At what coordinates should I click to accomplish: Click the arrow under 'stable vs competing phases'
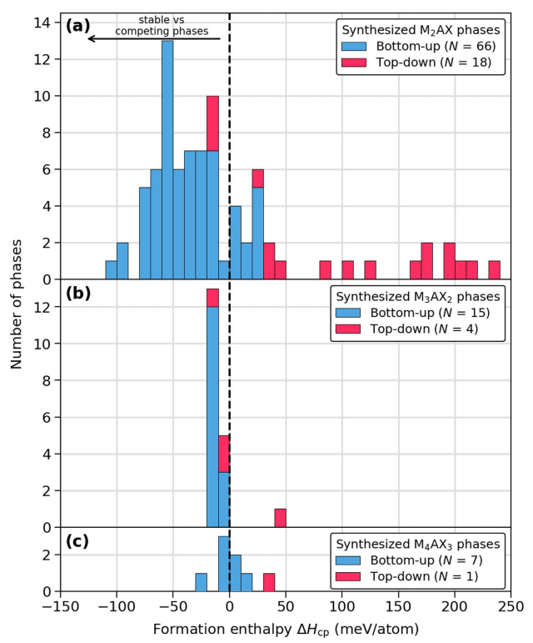coord(154,38)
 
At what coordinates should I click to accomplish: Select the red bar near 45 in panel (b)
coord(280,518)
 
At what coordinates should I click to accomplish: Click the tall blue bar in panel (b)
coord(212,417)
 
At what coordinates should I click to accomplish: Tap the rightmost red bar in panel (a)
coord(494,270)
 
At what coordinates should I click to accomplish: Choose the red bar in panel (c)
coord(269,582)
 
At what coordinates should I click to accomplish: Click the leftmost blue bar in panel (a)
coord(111,270)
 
